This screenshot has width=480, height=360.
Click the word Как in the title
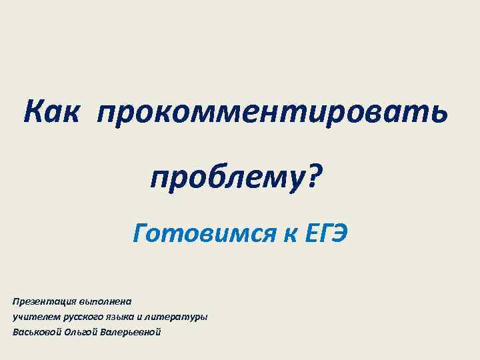pos(51,110)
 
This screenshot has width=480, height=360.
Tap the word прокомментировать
pos(271,111)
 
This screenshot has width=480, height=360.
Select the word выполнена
pos(105,301)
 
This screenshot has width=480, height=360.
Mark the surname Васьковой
pos(37,331)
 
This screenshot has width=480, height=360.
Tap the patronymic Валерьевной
pos(130,331)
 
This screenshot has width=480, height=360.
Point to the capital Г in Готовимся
pos(141,233)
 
